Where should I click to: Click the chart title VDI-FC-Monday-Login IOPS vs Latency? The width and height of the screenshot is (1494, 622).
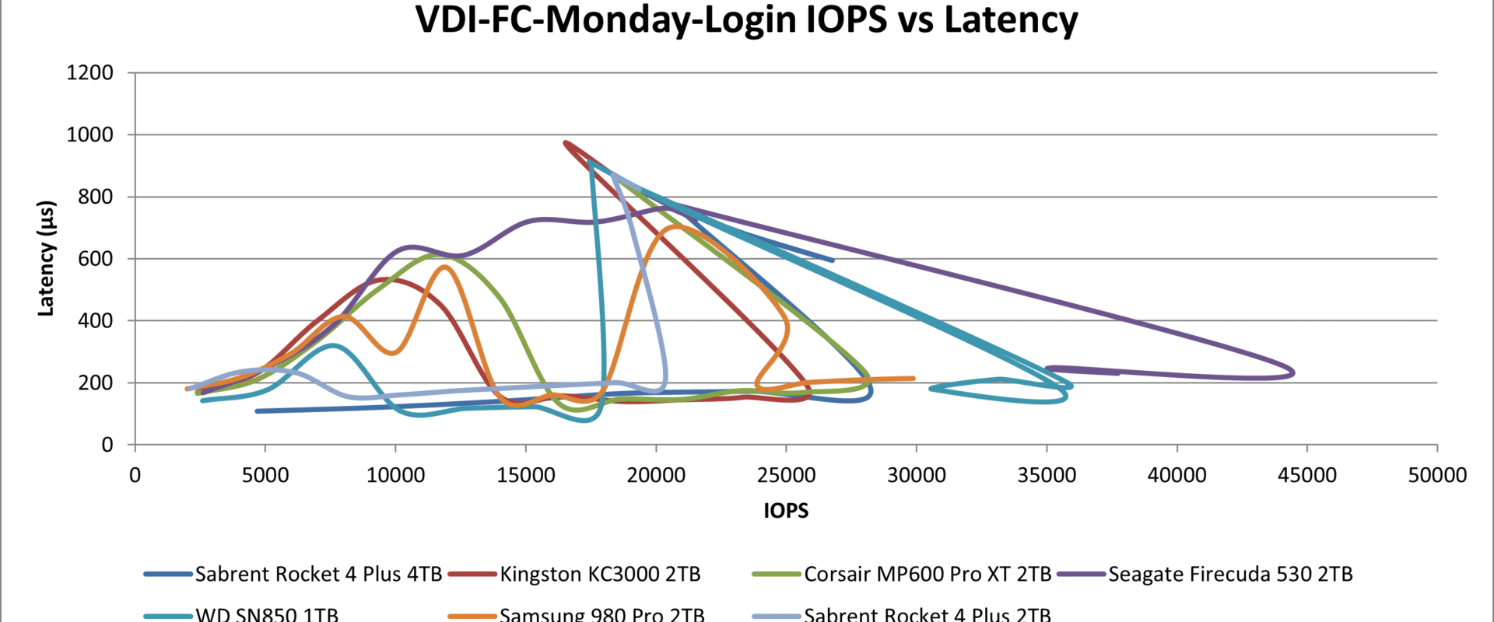pyautogui.click(x=746, y=20)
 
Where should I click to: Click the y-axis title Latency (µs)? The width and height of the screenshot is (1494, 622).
pyautogui.click(x=46, y=258)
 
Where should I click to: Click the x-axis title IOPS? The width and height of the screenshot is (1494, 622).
pyautogui.click(x=786, y=511)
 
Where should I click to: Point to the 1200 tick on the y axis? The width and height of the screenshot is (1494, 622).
pyautogui.click(x=90, y=73)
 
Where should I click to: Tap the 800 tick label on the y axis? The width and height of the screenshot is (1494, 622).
pyautogui.click(x=96, y=197)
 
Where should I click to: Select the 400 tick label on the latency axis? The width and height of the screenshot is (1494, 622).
pyautogui.click(x=96, y=320)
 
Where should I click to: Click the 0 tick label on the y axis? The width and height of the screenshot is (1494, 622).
pyautogui.click(x=107, y=445)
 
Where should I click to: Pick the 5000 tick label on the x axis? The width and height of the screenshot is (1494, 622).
pyautogui.click(x=265, y=475)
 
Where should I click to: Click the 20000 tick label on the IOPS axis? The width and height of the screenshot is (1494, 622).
pyautogui.click(x=656, y=475)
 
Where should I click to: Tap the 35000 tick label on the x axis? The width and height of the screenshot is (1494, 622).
pyautogui.click(x=1047, y=475)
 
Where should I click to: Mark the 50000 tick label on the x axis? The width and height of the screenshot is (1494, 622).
pyautogui.click(x=1437, y=475)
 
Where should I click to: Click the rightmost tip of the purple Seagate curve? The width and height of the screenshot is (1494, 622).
pyautogui.click(x=1293, y=372)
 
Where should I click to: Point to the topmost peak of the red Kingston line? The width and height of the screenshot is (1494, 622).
pyautogui.click(x=565, y=142)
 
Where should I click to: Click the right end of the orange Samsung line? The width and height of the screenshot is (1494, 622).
pyautogui.click(x=914, y=379)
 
